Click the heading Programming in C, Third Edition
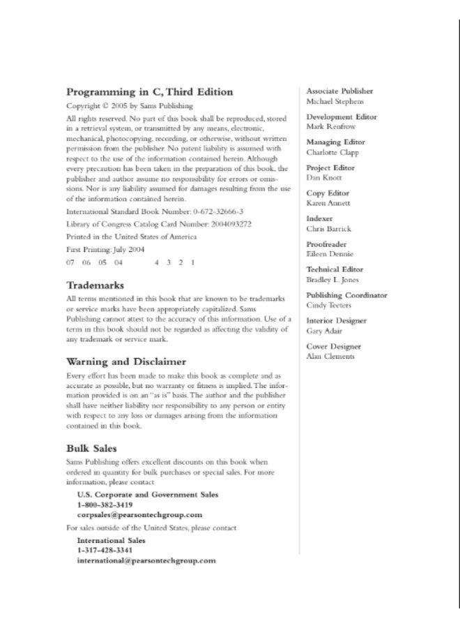pyautogui.click(x=149, y=91)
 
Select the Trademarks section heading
pyautogui.click(x=95, y=285)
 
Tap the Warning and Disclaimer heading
pyautogui.click(x=125, y=361)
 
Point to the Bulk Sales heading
pyautogui.click(x=91, y=448)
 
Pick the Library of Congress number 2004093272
pyautogui.click(x=224, y=224)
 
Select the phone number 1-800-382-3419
pyautogui.click(x=105, y=504)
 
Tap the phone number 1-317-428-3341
pyautogui.click(x=105, y=550)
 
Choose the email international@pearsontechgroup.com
pyautogui.click(x=146, y=560)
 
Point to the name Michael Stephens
pyautogui.click(x=335, y=101)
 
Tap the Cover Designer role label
pyautogui.click(x=334, y=346)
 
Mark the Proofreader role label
pyautogui.click(x=328, y=244)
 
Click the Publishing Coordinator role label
pyautogui.click(x=347, y=295)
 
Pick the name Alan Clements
pyautogui.click(x=330, y=357)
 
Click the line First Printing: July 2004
pyautogui.click(x=105, y=249)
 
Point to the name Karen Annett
pyautogui.click(x=329, y=203)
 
